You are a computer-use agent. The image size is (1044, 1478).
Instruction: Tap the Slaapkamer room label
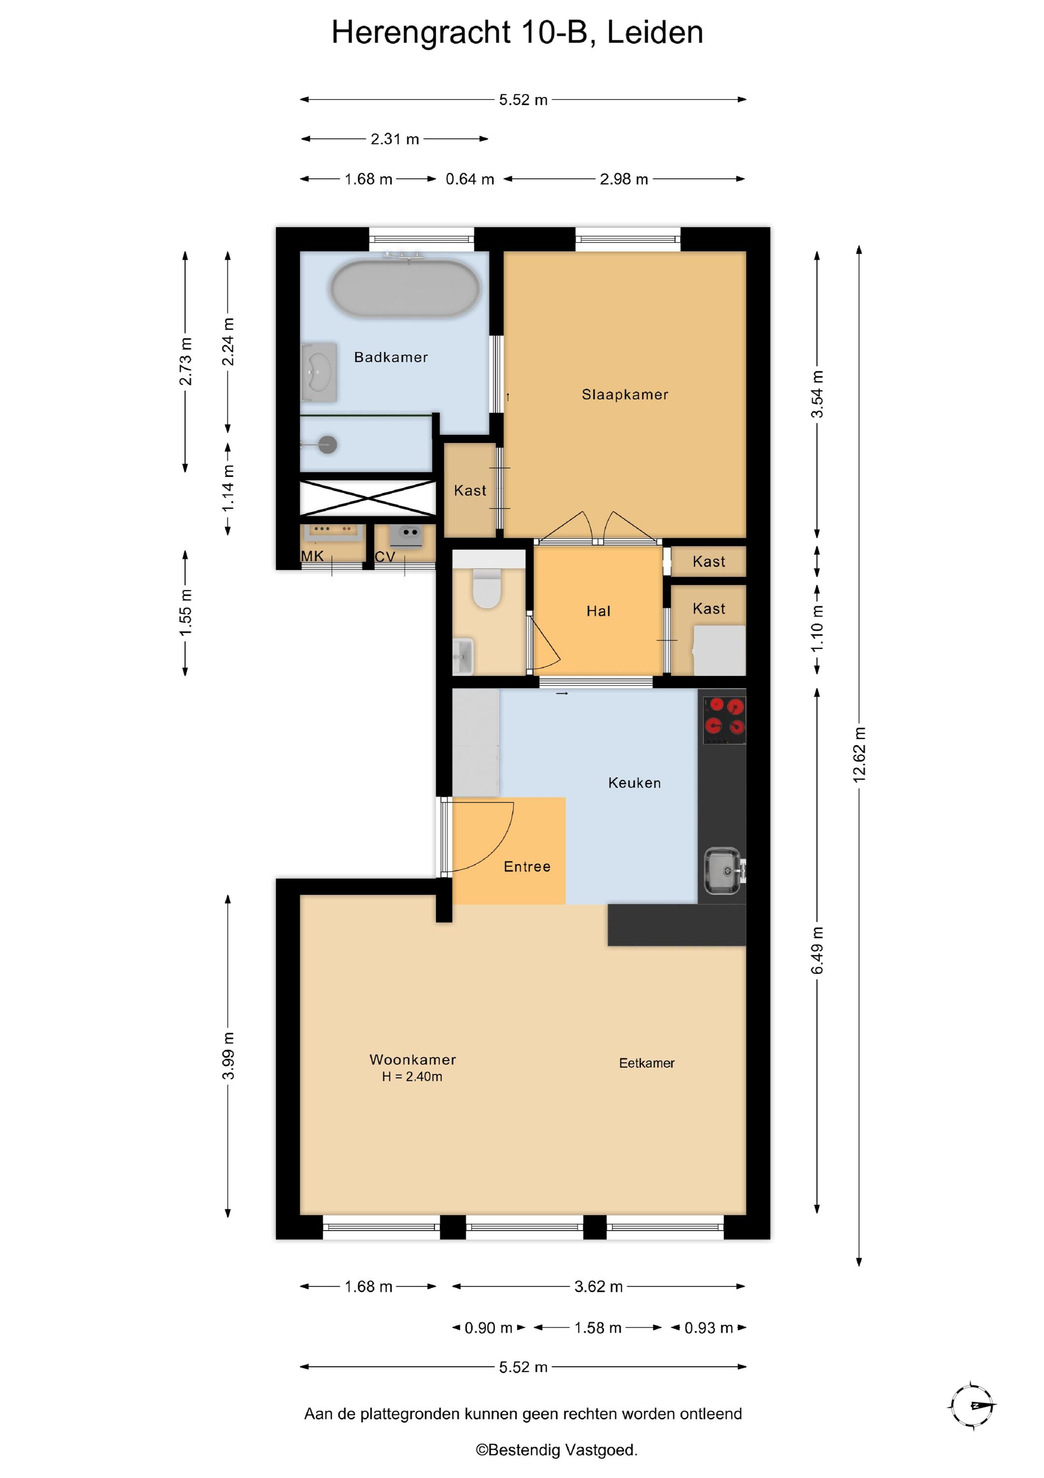pos(625,395)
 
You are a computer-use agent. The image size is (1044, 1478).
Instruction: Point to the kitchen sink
pos(725,871)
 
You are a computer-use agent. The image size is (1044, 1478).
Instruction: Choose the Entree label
pos(527,867)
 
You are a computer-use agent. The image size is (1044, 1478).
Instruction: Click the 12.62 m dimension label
pos(859,754)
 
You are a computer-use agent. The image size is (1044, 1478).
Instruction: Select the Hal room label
pos(598,611)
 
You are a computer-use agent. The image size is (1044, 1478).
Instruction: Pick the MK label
pos(313,556)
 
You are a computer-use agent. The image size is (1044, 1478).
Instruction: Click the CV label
pos(384,557)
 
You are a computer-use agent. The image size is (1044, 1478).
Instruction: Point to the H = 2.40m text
pos(411,1076)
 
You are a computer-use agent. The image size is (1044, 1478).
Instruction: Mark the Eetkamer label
pos(646,1063)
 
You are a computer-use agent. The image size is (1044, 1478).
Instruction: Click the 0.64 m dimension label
pos(470,179)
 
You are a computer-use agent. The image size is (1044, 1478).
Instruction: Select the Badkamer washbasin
pos(319,372)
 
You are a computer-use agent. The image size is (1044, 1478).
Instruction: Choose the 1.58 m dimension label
pos(598,1327)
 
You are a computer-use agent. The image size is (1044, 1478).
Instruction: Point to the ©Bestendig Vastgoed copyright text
pos(556,1450)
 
